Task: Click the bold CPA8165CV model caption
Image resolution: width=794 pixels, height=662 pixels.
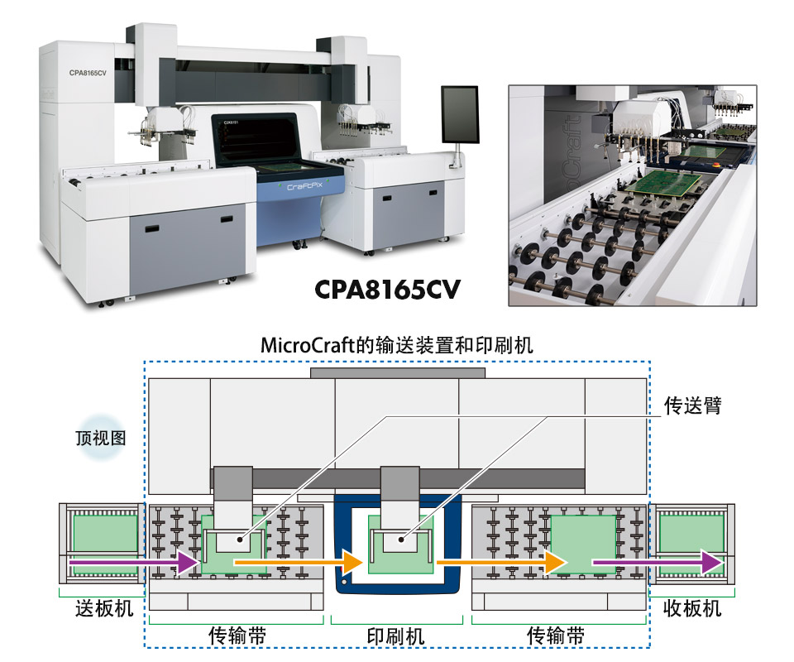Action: click(387, 290)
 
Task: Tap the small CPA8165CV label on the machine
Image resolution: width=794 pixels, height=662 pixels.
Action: click(88, 73)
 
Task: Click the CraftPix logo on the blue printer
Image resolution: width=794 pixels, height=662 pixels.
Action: click(305, 186)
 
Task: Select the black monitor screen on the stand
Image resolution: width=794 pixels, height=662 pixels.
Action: click(460, 115)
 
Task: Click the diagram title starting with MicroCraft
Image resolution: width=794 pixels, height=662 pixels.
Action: click(396, 345)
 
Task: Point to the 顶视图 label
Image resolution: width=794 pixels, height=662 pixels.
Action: click(101, 438)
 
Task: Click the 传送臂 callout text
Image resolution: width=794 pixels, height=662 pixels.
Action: click(693, 405)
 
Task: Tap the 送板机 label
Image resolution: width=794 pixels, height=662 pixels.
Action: click(104, 608)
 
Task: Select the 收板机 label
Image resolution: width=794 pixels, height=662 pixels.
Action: click(692, 608)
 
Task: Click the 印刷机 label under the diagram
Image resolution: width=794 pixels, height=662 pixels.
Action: click(396, 636)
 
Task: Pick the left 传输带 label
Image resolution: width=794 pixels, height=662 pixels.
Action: click(237, 636)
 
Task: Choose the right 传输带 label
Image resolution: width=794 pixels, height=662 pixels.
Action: click(556, 636)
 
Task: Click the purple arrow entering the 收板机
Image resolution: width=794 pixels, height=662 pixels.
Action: click(658, 562)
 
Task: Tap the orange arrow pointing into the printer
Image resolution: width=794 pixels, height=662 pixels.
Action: click(299, 562)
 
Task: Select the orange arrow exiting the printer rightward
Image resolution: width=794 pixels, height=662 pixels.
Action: click(501, 562)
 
